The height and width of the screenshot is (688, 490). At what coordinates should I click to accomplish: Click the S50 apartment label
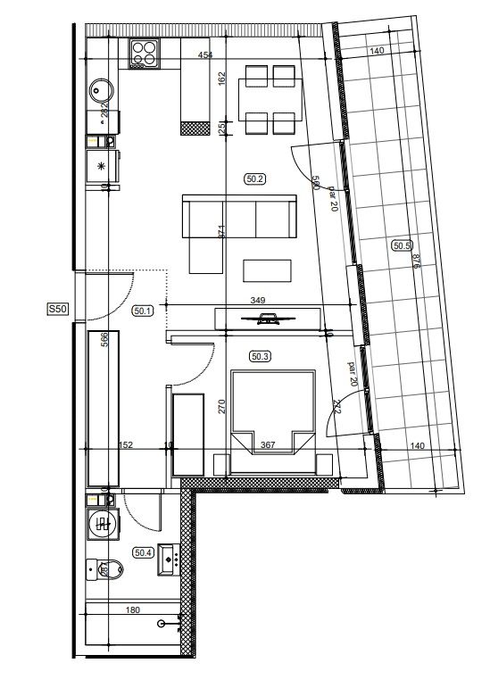tap(58, 310)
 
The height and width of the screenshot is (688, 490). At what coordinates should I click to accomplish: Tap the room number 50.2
tap(255, 178)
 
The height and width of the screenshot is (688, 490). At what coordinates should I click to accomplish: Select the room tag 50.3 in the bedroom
tap(260, 356)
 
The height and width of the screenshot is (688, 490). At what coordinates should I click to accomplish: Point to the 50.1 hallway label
tap(143, 311)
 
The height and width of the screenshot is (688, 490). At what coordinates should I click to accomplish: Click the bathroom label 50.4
tap(143, 552)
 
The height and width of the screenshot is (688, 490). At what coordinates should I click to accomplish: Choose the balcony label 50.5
tap(403, 245)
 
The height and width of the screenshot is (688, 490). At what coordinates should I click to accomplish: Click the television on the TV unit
tap(266, 319)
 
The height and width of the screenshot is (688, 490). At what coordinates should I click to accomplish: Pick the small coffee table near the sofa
tap(267, 270)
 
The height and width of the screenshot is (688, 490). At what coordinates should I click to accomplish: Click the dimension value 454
tap(206, 56)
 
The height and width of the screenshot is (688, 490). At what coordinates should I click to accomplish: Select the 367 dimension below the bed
tap(267, 445)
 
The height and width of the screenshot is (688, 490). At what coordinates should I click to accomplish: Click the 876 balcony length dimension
tap(416, 261)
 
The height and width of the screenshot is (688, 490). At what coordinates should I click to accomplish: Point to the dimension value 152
tap(126, 445)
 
